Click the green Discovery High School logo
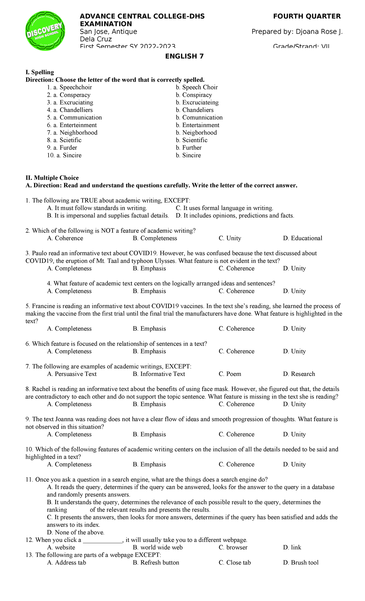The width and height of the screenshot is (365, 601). (45, 31)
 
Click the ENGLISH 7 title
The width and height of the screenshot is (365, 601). (184, 56)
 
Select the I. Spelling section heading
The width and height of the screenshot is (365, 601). (40, 72)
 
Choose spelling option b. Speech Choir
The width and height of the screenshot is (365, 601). (197, 87)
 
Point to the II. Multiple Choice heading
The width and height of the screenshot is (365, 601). (52, 178)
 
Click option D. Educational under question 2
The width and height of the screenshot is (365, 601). (302, 238)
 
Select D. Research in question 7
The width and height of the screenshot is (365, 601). (299, 374)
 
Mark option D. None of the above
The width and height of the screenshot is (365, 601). (76, 532)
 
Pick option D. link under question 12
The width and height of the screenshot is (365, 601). (292, 547)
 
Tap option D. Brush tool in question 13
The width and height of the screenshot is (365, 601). (301, 562)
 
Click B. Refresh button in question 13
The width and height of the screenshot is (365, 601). (156, 562)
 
